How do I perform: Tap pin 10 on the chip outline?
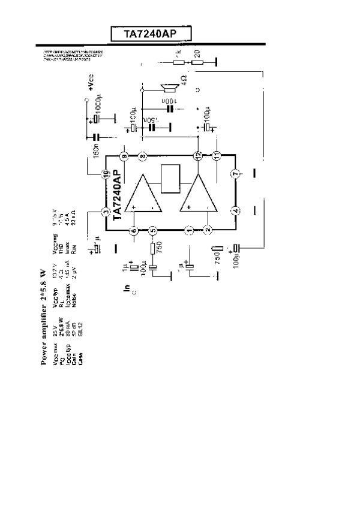(105, 174)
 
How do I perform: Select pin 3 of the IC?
(105, 211)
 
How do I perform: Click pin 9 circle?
(124, 156)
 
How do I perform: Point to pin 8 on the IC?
(143, 156)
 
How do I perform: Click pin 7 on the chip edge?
(236, 174)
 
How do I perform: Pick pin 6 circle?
(134, 230)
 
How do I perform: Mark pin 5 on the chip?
(152, 230)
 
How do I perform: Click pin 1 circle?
(189, 230)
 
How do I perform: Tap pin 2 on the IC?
(208, 230)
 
